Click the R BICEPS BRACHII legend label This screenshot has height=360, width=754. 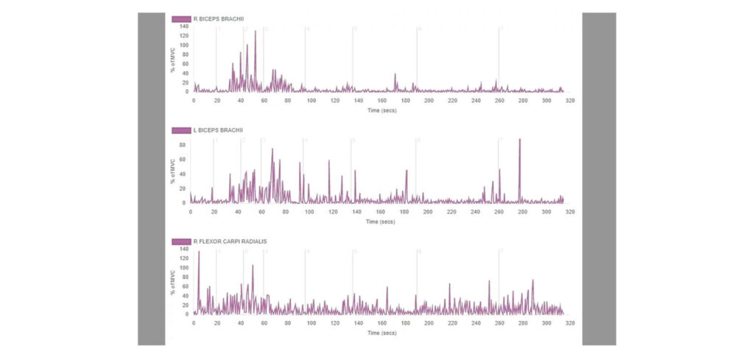click(x=221, y=19)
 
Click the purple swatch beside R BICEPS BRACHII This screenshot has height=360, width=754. click(x=182, y=19)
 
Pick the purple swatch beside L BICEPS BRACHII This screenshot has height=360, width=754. click(x=181, y=130)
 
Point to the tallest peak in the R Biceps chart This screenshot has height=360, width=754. click(x=256, y=32)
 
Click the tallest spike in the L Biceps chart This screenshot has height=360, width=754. click(x=520, y=139)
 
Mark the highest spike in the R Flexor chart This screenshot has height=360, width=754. click(x=199, y=252)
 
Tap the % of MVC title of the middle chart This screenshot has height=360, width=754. click(x=174, y=172)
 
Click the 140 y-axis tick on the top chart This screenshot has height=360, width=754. click(x=183, y=27)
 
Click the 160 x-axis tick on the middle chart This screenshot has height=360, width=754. click(x=381, y=211)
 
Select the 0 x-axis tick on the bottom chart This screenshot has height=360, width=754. click(x=194, y=322)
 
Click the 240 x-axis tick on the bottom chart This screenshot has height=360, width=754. click(x=476, y=322)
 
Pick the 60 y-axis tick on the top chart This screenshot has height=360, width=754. click(x=185, y=64)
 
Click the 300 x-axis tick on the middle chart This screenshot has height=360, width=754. click(x=546, y=211)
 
